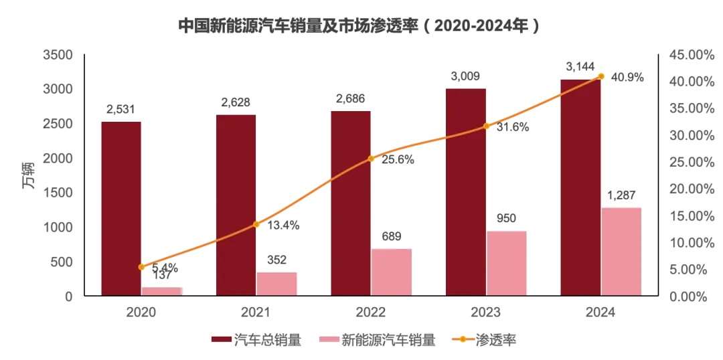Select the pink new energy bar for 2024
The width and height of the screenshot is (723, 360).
[621, 252]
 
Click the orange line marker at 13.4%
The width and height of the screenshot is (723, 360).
[256, 224]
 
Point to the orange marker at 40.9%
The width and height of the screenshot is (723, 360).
[600, 76]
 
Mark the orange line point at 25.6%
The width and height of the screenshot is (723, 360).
[371, 159]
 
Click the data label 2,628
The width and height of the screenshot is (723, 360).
[236, 102]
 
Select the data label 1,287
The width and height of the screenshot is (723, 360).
[621, 196]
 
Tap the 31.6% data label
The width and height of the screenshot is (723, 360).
[512, 127]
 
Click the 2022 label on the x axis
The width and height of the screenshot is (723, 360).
[371, 312]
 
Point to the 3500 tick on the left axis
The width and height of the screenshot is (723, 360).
[59, 55]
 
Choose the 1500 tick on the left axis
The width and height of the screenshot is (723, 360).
[59, 193]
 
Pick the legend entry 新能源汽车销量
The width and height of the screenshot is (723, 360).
[388, 341]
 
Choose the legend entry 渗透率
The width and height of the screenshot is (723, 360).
[495, 341]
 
